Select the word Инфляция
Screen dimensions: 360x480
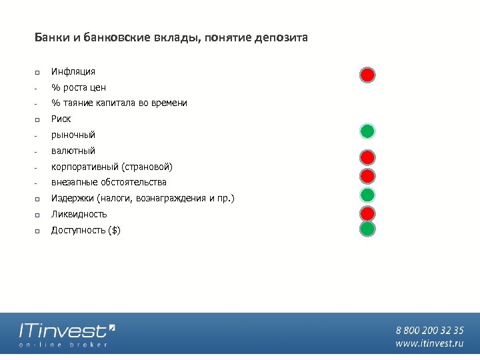click(x=73, y=71)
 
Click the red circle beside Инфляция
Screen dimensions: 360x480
click(x=367, y=74)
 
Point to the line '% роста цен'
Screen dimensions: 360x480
click(x=79, y=87)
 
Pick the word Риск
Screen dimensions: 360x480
click(x=61, y=119)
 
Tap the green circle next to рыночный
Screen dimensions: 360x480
click(x=367, y=131)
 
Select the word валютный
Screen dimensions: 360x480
click(x=73, y=151)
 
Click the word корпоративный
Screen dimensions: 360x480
click(x=85, y=167)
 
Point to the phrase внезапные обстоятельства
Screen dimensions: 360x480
click(x=109, y=182)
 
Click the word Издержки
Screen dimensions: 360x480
click(x=72, y=199)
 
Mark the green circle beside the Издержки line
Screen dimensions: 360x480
click(x=367, y=195)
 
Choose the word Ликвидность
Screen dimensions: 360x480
click(x=79, y=215)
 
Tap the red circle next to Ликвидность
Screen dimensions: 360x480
click(x=367, y=213)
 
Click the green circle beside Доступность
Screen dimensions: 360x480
click(x=367, y=229)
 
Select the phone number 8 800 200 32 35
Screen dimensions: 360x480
click(x=429, y=330)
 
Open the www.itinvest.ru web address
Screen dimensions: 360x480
click(x=429, y=343)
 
